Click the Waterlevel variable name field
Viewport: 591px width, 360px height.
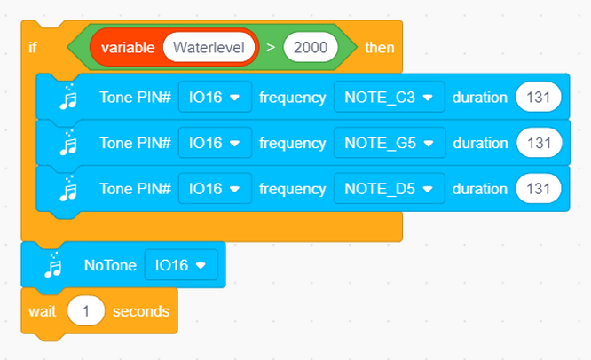point(209,48)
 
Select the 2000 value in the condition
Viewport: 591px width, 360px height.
point(311,48)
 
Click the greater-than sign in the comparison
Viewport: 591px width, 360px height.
point(271,48)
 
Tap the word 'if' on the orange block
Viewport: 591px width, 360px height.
point(33,48)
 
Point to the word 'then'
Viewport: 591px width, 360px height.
point(379,48)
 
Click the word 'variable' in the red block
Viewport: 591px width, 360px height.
point(128,48)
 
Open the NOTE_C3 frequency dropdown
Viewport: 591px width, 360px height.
point(389,98)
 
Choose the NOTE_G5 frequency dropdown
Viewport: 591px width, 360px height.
point(390,143)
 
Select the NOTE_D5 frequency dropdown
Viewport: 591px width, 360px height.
point(389,189)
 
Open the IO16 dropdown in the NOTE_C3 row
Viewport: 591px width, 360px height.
point(215,98)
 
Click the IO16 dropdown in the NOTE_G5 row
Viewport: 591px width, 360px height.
point(215,143)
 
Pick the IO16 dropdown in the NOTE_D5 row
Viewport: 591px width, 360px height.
point(215,189)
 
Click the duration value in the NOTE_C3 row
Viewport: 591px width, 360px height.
point(539,98)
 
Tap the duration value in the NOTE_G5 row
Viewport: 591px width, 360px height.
point(540,143)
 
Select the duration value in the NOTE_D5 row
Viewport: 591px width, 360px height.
point(539,189)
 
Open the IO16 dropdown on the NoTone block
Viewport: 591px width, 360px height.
point(181,265)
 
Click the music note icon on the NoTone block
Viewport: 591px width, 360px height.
point(53,265)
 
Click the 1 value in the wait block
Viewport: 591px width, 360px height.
point(86,311)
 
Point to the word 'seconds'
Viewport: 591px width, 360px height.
point(141,311)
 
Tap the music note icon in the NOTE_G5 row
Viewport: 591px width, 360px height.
point(68,143)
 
